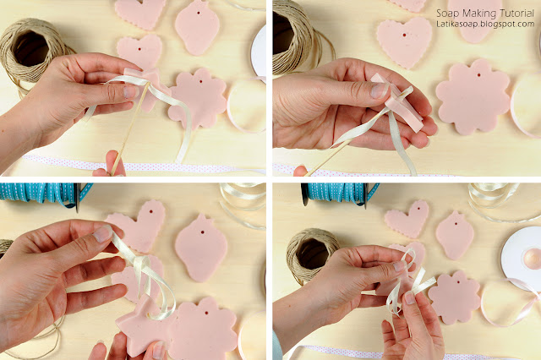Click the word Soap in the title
tap(447, 14)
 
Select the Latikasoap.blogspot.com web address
tap(485, 25)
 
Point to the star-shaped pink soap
tap(142, 327)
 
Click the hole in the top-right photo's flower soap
tap(479, 74)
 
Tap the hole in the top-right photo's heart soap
tap(404, 35)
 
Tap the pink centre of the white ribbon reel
tap(532, 258)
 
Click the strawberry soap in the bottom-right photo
tap(455, 235)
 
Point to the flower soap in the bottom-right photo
tap(454, 297)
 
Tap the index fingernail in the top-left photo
tap(130, 92)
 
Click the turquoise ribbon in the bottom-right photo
tap(340, 194)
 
